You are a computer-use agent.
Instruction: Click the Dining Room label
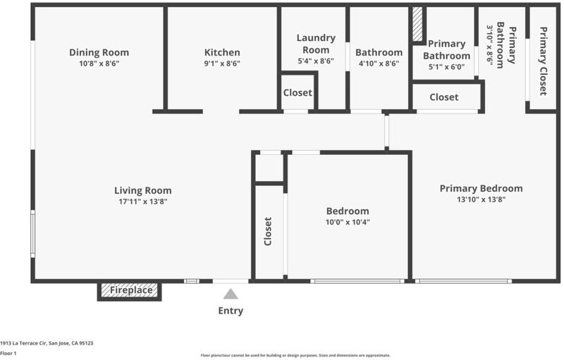click(99, 52)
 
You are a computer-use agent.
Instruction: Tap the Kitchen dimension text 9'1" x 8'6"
click(222, 63)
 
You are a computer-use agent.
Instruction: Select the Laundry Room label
click(316, 44)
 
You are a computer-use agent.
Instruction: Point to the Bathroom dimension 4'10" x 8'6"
click(379, 63)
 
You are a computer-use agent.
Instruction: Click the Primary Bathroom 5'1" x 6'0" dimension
click(446, 67)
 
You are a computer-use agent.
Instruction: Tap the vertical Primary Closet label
click(543, 61)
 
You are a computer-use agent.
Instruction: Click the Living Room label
click(143, 190)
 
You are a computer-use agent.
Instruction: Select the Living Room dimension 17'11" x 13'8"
click(143, 201)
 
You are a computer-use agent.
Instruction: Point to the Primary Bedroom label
click(481, 189)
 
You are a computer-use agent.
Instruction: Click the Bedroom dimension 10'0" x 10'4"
click(348, 222)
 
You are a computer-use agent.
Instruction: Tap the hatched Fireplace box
click(130, 290)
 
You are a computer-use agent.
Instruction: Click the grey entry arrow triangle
click(231, 294)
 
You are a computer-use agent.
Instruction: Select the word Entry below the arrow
click(231, 311)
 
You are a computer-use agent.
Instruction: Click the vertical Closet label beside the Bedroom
click(268, 231)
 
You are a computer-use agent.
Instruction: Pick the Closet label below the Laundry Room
click(298, 93)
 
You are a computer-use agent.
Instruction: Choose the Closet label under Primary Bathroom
click(444, 97)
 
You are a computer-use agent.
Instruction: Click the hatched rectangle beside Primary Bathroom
click(417, 24)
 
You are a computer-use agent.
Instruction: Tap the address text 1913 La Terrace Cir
click(24, 343)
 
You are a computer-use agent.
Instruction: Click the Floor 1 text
click(8, 353)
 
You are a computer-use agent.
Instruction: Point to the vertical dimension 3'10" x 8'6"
click(489, 44)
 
